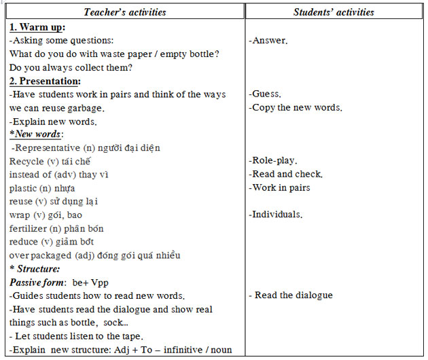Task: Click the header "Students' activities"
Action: click(x=334, y=12)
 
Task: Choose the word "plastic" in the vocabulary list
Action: click(x=23, y=187)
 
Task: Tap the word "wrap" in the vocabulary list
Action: click(x=20, y=215)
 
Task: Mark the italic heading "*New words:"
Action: click(x=35, y=134)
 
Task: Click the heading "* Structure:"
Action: click(x=36, y=268)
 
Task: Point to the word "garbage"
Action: click(x=87, y=107)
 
